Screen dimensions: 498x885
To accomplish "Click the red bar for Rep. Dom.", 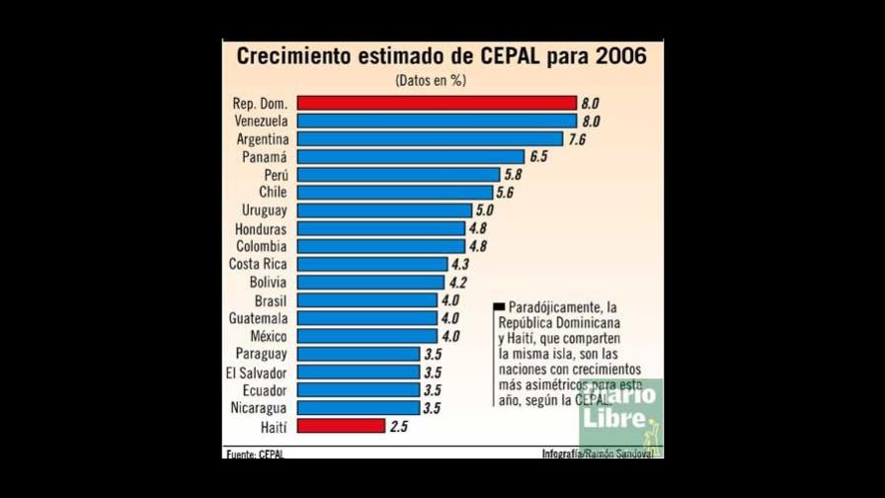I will tap(436, 103).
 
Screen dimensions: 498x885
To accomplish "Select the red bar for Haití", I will tap(341, 426).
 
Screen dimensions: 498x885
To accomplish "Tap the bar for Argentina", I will tap(430, 139).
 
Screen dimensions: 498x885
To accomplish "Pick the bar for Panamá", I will tap(410, 157).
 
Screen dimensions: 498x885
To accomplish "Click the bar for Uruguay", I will tap(384, 210).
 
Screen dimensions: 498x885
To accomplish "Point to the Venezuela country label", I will tap(262, 121).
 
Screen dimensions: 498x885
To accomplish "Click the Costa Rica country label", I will tap(258, 264).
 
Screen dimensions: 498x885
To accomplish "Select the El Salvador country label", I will tap(256, 372).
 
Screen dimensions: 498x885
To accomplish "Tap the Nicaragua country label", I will tap(259, 407).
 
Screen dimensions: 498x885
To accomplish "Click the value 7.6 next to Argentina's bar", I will tap(577, 139).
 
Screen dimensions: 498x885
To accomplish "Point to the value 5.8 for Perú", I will tap(513, 175).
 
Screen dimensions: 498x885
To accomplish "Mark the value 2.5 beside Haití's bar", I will tap(399, 426).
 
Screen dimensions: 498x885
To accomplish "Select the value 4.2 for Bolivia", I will tap(457, 283).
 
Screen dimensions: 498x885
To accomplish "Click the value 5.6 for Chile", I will tap(505, 193).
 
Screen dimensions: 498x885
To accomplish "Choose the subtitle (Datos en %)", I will tap(430, 80).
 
